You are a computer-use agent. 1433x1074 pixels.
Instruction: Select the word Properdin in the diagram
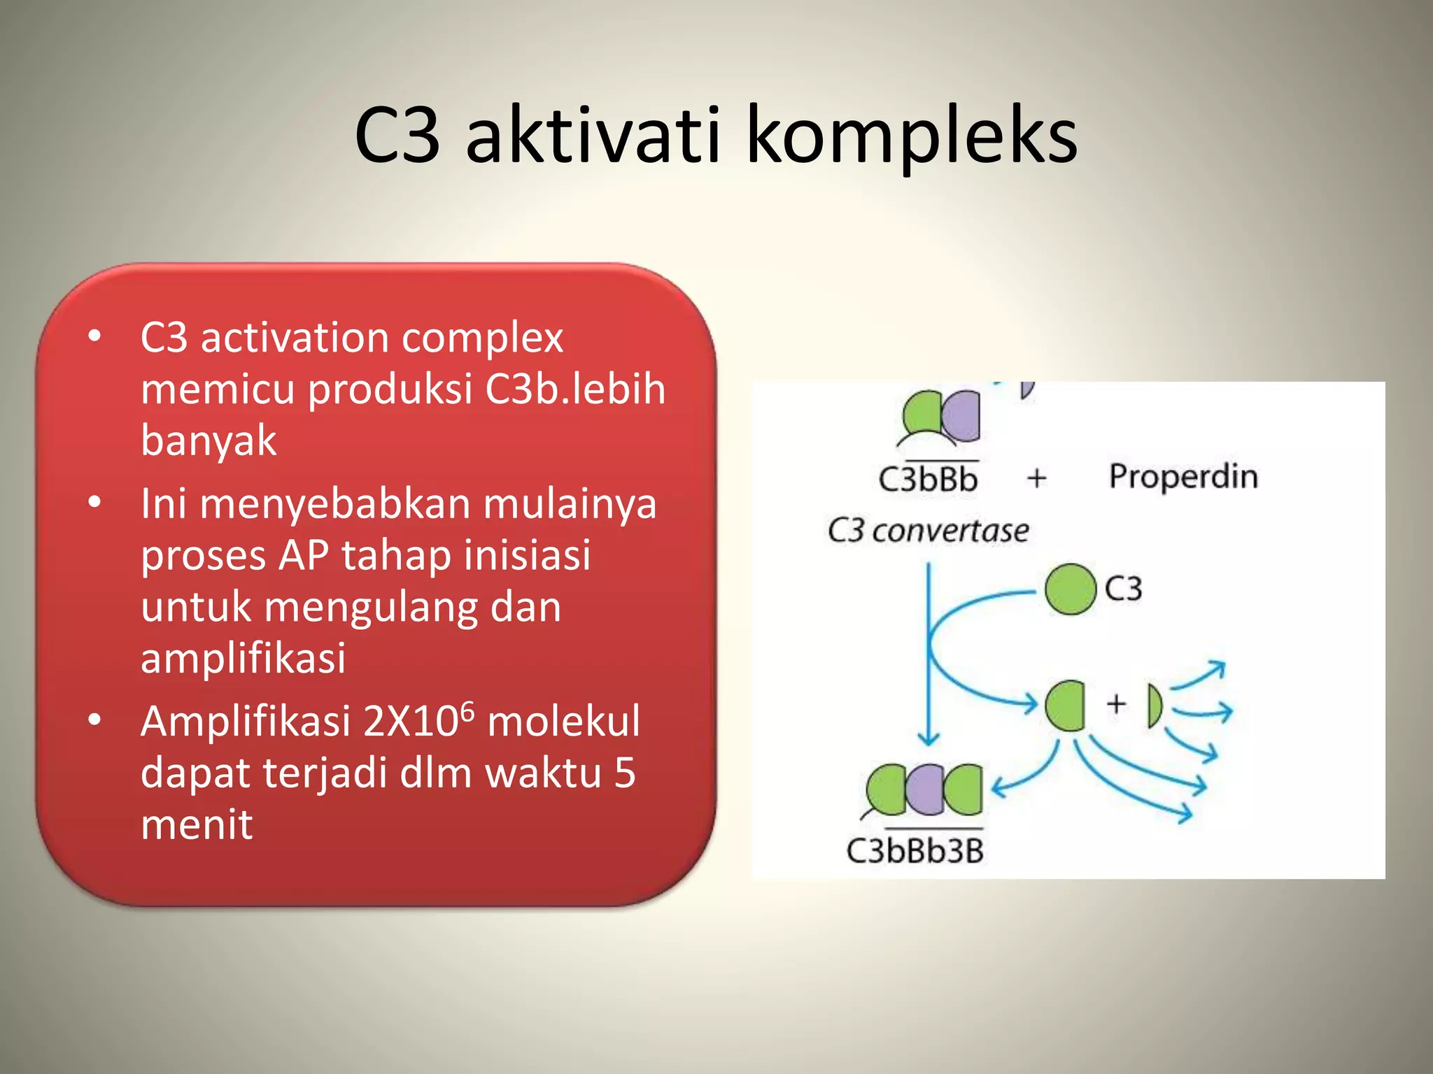click(x=1183, y=477)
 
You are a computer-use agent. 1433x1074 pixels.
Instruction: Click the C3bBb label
click(x=928, y=480)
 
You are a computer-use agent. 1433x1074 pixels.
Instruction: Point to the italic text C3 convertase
click(x=928, y=531)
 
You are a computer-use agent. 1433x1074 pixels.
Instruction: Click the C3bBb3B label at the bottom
click(x=915, y=851)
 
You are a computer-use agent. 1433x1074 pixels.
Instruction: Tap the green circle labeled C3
click(x=1070, y=589)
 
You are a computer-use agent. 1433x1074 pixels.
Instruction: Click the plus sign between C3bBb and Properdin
click(x=1036, y=478)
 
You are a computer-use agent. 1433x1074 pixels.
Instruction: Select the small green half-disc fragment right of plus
click(x=1154, y=706)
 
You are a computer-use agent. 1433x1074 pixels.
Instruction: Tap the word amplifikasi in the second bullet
click(x=243, y=657)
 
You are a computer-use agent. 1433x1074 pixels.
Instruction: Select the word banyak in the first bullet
click(x=209, y=441)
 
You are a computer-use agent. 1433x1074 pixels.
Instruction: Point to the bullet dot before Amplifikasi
click(x=94, y=719)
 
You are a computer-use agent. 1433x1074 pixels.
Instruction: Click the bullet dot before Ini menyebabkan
click(x=94, y=502)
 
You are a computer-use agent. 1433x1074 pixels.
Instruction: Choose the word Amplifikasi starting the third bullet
click(x=245, y=722)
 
